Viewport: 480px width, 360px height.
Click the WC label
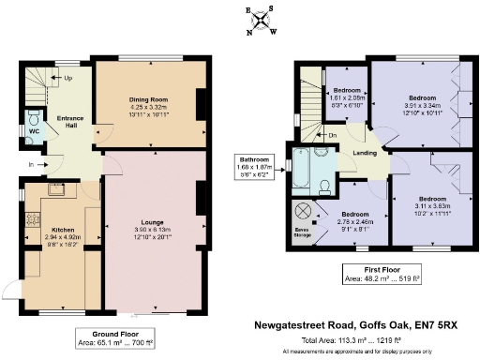coord(34,131)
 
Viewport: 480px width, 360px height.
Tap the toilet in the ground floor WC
coord(34,119)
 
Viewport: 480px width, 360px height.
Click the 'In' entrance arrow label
coord(31,165)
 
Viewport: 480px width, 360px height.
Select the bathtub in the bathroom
coord(299,167)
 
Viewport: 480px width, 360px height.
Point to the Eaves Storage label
coord(304,232)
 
